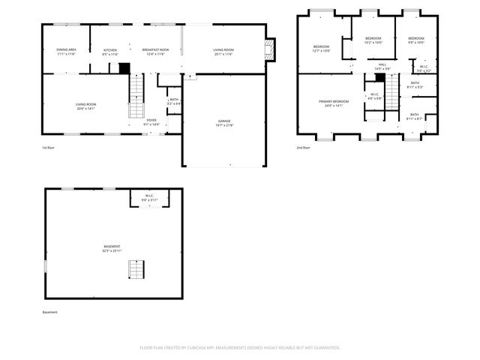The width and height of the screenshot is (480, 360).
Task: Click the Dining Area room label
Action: pos(64,52)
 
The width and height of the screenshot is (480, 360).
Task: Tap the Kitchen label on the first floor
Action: pos(110,52)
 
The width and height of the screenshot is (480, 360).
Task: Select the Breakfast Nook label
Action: pos(156,52)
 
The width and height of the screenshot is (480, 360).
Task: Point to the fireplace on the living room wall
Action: pos(271,49)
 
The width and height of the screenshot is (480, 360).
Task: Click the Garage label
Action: pos(223,123)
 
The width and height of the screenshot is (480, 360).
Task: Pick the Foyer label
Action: pos(151,121)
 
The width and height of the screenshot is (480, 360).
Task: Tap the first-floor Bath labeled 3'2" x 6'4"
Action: pos(173,101)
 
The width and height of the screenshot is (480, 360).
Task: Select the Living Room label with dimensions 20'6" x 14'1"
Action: pos(85,106)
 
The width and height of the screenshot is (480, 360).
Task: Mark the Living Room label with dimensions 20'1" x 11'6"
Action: pos(223,52)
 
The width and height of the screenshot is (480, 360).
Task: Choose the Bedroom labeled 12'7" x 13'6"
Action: pos(321,49)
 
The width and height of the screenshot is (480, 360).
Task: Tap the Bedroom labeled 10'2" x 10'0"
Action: pos(373,40)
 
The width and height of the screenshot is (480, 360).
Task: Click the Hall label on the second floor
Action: pos(382,67)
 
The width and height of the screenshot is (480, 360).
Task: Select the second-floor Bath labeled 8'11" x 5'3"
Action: pos(415,85)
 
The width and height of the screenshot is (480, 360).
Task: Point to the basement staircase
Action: pos(136,268)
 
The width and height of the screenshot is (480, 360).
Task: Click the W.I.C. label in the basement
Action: pos(149,197)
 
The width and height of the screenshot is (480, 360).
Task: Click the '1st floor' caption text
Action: pos(48,148)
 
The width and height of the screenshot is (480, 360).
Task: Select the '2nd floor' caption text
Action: pos(304,148)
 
